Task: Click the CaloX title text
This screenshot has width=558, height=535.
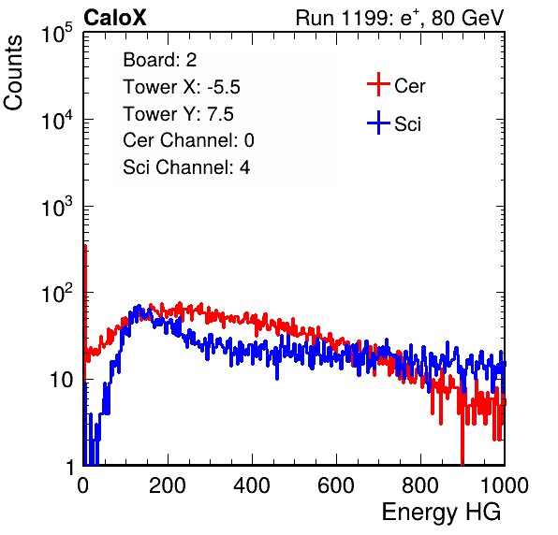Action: point(114,18)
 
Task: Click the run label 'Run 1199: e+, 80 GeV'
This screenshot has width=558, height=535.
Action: point(400,18)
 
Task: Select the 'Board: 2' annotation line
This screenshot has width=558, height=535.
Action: point(160,60)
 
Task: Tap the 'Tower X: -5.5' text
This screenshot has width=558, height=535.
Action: point(182,87)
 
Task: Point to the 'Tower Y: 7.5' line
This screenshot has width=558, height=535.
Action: point(178,114)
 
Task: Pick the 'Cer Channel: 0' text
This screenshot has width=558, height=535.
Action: point(188,140)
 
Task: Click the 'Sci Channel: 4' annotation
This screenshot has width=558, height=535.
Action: point(186,166)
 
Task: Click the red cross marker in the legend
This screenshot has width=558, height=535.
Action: point(378,84)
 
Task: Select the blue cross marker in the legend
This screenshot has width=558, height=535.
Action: point(378,123)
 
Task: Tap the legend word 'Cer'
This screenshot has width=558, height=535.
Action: point(409,86)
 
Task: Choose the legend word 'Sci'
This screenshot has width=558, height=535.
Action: point(407,124)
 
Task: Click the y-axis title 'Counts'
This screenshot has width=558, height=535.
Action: point(13,73)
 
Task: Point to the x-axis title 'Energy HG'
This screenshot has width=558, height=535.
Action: point(441,512)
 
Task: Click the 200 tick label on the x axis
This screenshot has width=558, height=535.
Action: point(168,485)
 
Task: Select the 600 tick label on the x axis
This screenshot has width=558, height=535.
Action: point(336,485)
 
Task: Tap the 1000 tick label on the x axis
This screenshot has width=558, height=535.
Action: point(505,485)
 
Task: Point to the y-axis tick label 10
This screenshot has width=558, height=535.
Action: point(62,380)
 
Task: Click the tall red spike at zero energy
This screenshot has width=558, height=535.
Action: point(85,302)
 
